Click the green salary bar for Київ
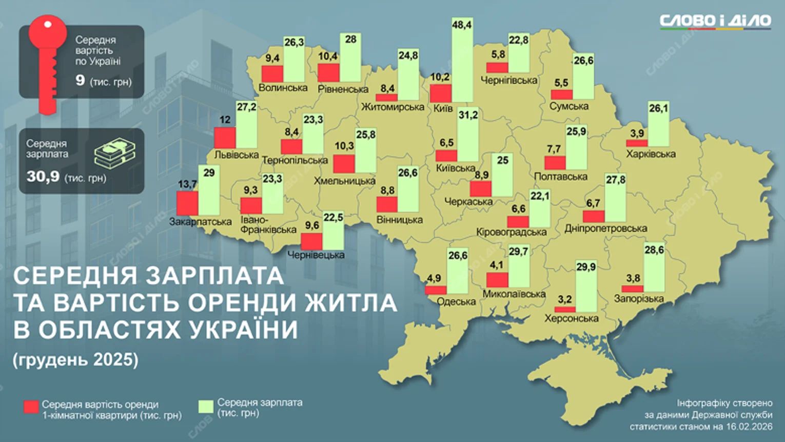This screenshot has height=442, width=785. [462, 62]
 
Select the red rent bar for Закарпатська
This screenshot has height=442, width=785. [187, 203]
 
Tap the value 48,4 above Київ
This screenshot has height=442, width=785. [462, 24]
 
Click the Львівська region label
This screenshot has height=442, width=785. [236, 154]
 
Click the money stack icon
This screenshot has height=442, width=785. [115, 153]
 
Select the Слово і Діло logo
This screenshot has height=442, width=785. [715, 21]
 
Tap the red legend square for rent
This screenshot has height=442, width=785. [31, 407]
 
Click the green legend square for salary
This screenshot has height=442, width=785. [206, 406]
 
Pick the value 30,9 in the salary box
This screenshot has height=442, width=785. [43, 177]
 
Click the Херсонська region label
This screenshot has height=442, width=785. [571, 318]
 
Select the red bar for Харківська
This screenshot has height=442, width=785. [637, 143]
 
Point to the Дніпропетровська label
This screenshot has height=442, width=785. [605, 228]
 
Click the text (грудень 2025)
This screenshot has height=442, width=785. [75, 359]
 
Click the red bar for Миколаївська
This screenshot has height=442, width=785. [497, 280]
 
